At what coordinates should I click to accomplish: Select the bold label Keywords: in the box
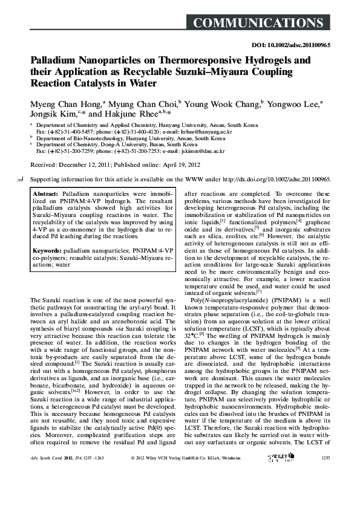49,250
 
